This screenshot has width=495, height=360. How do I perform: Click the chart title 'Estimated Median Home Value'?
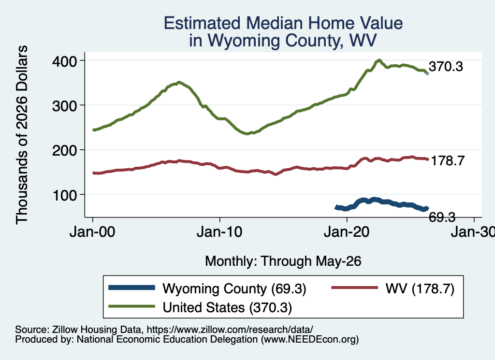pos(283,23)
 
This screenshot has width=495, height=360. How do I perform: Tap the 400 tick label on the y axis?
pos(64,61)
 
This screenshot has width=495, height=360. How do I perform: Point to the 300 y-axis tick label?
pos(64,106)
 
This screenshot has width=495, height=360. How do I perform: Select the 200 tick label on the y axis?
pos(64,150)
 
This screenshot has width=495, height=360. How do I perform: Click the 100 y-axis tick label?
pos(64,195)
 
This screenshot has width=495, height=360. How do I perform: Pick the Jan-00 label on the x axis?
pos(92,232)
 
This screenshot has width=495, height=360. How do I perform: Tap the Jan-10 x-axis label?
pos(219,232)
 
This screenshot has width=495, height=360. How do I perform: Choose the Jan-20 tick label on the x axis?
pos(347,232)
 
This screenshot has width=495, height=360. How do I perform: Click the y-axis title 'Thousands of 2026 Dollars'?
pos(22,135)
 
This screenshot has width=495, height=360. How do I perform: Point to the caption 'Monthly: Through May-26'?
pos(283,261)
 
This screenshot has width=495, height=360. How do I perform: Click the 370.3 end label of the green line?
pos(446,67)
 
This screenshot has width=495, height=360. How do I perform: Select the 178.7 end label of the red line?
pos(448,160)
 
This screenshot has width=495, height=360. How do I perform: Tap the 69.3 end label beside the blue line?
pos(442,217)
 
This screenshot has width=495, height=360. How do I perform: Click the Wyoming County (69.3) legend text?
pos(234,288)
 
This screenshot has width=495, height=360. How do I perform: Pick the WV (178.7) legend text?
pos(420,288)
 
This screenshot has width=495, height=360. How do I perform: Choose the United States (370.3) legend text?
pos(227,308)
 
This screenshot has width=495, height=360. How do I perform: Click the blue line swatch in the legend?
pos(131,288)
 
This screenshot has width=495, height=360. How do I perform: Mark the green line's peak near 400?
pos(379,60)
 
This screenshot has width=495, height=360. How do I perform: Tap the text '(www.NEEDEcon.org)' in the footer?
pos(310,340)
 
